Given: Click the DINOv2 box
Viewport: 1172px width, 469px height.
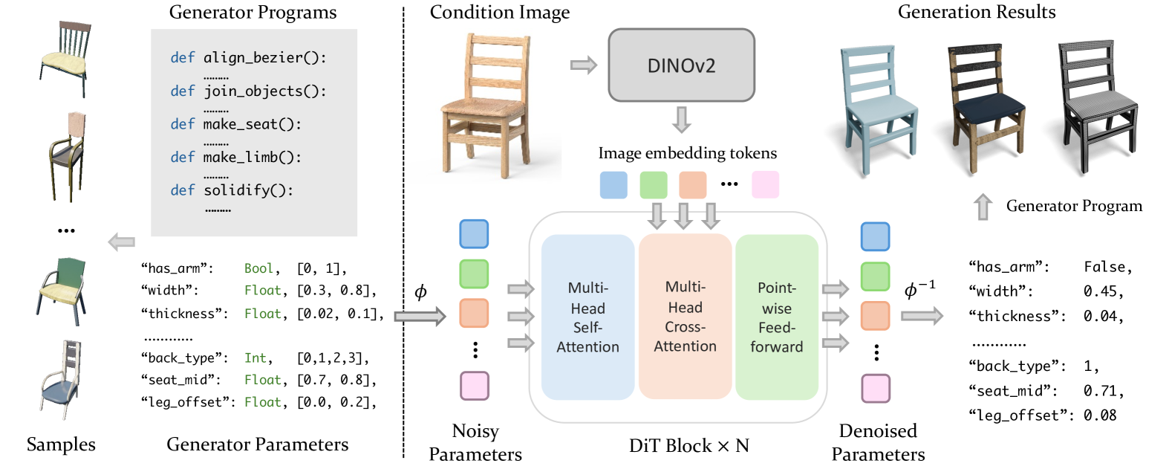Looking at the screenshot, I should (x=681, y=65).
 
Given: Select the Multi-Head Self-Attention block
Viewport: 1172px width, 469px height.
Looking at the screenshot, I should (x=587, y=317).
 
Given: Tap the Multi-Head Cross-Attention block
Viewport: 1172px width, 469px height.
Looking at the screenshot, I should (x=685, y=317).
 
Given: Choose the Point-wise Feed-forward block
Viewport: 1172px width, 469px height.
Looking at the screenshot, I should (x=776, y=317).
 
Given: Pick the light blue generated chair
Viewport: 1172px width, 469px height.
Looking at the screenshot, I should (x=876, y=108).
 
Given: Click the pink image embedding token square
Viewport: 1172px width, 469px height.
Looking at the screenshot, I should (x=765, y=184).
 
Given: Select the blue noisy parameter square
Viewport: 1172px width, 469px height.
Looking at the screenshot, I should (x=474, y=234).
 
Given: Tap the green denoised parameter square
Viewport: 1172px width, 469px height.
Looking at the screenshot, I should (x=875, y=276).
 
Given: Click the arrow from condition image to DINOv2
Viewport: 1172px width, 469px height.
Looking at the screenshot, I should (x=584, y=65).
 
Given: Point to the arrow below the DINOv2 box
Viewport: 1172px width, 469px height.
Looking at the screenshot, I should (x=681, y=119).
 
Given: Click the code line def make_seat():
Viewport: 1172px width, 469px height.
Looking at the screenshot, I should (x=235, y=124).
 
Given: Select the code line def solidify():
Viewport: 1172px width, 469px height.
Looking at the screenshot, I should (x=232, y=190).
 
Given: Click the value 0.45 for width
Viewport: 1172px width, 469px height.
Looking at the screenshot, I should (x=1102, y=291).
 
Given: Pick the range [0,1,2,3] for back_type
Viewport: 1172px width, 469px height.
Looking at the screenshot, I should (x=332, y=358).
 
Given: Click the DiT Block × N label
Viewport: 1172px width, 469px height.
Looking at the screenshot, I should (x=688, y=446).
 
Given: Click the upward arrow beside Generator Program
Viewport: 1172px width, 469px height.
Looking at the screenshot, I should (x=983, y=207).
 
